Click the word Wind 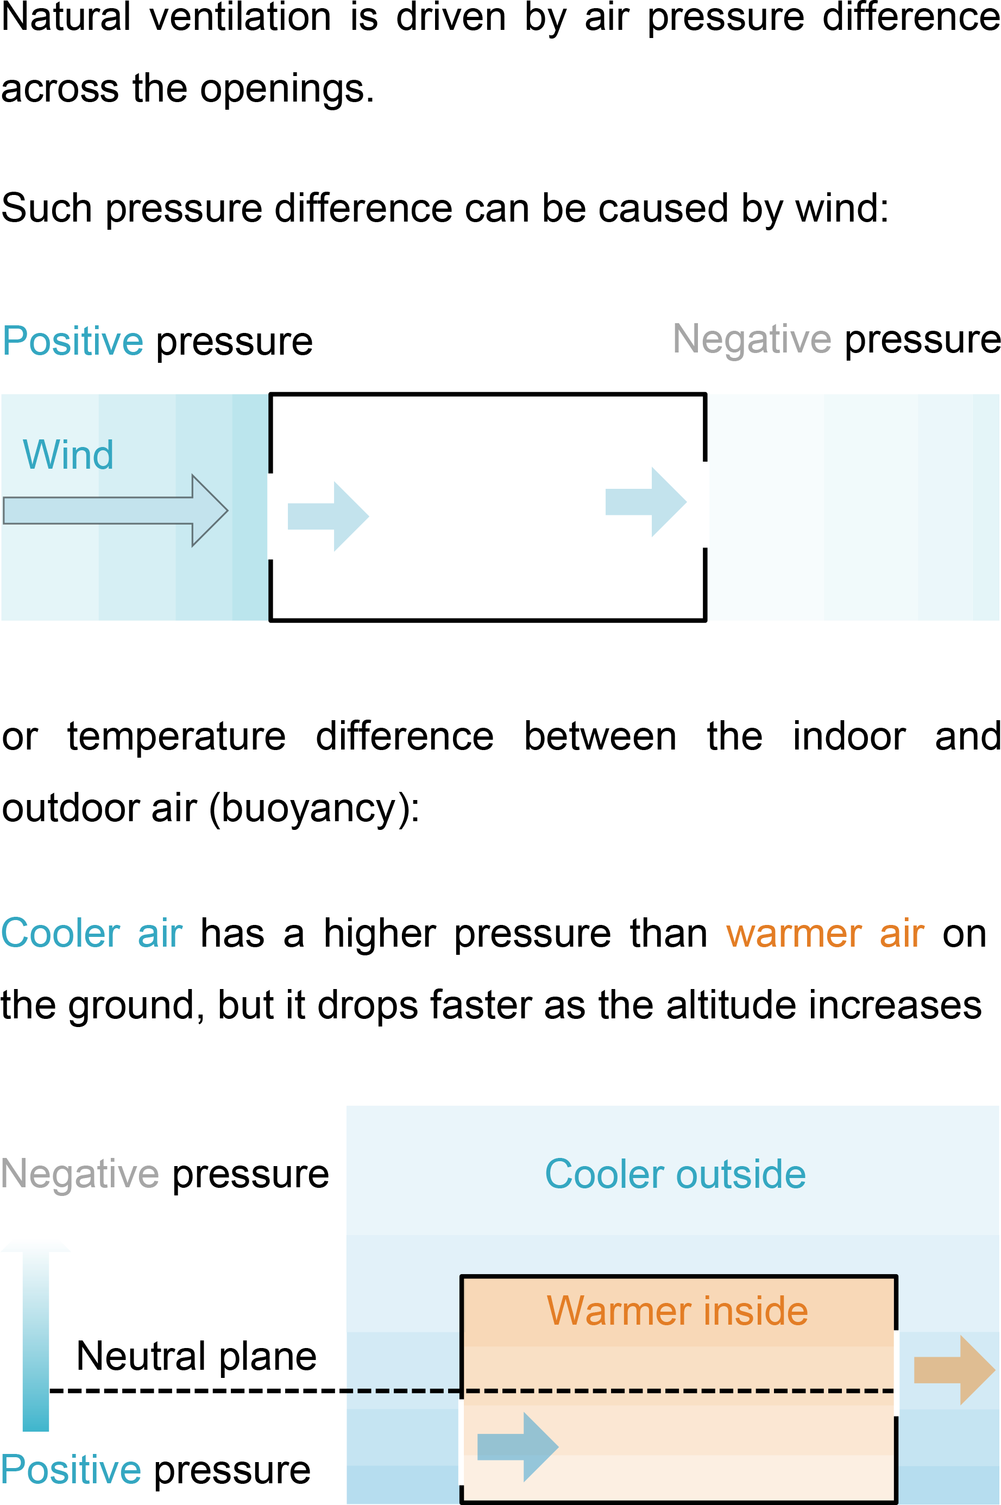coord(68,455)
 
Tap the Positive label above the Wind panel coord(73,341)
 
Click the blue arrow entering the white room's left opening coord(328,517)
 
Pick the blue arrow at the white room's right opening coord(645,502)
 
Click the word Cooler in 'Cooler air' coord(61,933)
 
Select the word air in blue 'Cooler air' coord(160,933)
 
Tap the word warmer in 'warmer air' coord(794,934)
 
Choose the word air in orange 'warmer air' coord(902,934)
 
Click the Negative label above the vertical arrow coord(80,1174)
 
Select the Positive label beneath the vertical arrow coord(71,1469)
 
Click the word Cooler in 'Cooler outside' coord(605,1174)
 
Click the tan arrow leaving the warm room coord(954,1370)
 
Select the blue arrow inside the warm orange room coord(518,1447)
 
